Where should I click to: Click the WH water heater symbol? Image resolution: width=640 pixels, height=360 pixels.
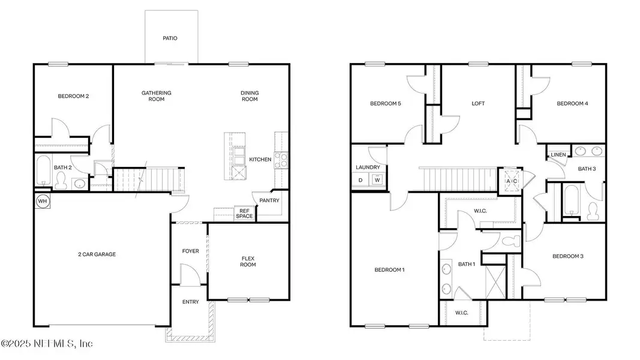pyautogui.click(x=43, y=200)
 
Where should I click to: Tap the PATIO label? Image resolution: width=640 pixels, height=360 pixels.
pyautogui.click(x=170, y=38)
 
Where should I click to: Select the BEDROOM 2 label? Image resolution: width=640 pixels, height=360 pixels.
pyautogui.click(x=73, y=96)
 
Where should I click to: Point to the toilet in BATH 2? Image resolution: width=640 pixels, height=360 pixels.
pyautogui.click(x=78, y=184)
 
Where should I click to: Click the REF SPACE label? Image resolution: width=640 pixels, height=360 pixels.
pyautogui.click(x=244, y=214)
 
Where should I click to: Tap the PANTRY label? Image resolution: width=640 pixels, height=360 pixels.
pyautogui.click(x=269, y=200)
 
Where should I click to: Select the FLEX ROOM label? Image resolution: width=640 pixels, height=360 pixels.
pyautogui.click(x=248, y=261)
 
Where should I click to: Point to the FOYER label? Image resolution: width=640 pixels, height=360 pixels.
pyautogui.click(x=190, y=251)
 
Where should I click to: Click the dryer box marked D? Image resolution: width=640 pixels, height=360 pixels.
pyautogui.click(x=360, y=179)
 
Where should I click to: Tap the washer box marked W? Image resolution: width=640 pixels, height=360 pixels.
pyautogui.click(x=377, y=179)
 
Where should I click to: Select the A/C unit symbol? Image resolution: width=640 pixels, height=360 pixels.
pyautogui.click(x=511, y=181)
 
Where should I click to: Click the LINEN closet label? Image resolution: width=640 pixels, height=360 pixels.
pyautogui.click(x=558, y=155)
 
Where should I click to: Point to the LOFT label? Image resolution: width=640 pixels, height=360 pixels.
pyautogui.click(x=477, y=103)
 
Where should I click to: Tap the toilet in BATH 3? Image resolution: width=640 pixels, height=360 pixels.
pyautogui.click(x=594, y=210)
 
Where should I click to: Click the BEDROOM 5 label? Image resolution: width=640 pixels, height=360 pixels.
pyautogui.click(x=386, y=103)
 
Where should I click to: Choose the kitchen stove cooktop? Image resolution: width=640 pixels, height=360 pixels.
pyautogui.click(x=281, y=160)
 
